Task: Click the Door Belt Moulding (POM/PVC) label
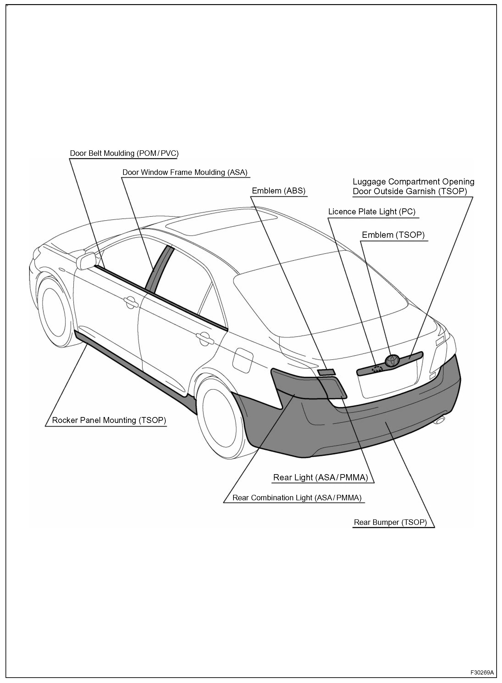click(124, 153)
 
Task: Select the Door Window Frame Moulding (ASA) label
click(185, 173)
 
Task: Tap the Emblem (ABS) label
click(278, 191)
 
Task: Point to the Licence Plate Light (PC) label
click(372, 212)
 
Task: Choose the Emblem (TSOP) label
click(393, 235)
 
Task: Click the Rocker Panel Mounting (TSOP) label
click(109, 420)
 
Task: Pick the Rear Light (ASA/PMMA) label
click(320, 478)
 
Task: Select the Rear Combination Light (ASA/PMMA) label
click(297, 498)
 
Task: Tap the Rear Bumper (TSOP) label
click(390, 523)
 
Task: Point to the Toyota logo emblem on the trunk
click(392, 361)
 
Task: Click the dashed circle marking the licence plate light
click(377, 369)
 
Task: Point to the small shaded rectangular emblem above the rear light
click(326, 372)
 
